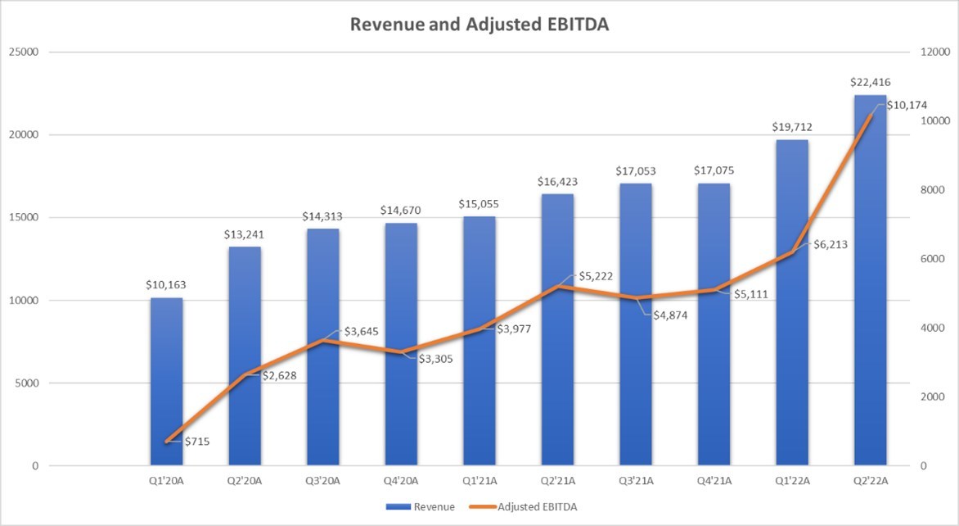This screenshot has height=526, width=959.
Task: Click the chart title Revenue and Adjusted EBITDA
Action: click(479, 25)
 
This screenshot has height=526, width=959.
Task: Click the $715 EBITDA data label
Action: click(197, 442)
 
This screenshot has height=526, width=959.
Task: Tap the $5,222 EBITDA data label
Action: click(595, 277)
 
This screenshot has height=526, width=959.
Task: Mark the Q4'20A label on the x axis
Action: click(401, 481)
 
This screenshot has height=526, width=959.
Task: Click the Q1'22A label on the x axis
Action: click(792, 481)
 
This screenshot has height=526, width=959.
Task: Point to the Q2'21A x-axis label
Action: click(557, 481)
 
